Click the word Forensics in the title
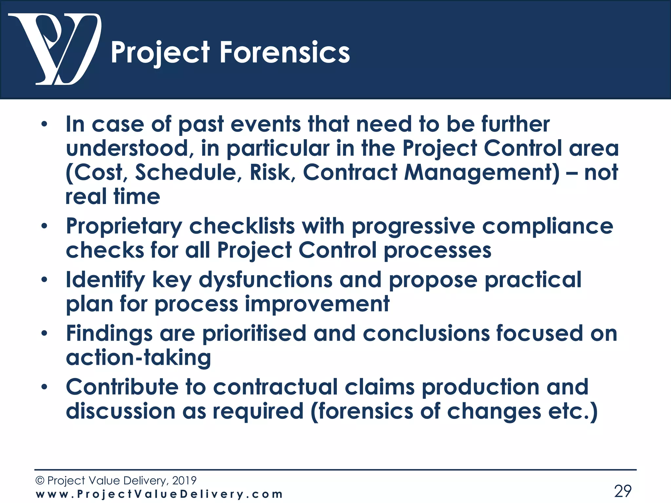click(x=285, y=52)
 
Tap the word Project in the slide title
click(x=160, y=52)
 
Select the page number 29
click(x=623, y=491)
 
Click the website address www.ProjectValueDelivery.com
click(x=159, y=494)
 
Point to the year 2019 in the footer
click(x=184, y=480)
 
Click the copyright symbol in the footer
click(x=40, y=480)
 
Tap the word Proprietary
click(x=124, y=226)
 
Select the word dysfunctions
click(x=265, y=280)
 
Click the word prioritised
click(x=254, y=333)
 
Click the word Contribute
click(x=122, y=387)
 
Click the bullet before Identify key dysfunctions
click(x=44, y=280)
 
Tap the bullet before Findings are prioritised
click(x=44, y=333)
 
